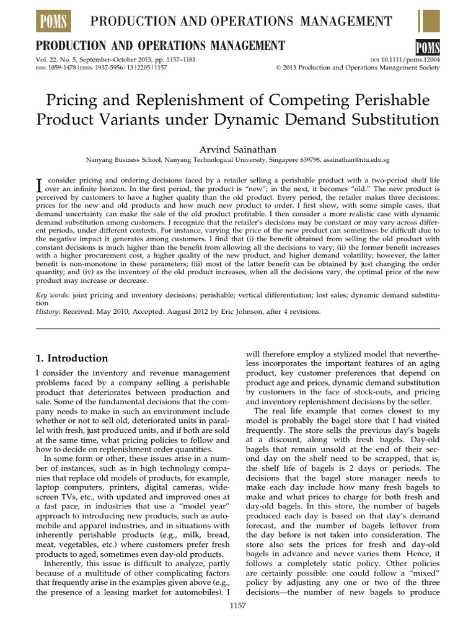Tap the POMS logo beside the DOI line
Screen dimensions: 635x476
[426, 47]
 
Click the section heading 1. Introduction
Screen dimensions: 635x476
[71, 358]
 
